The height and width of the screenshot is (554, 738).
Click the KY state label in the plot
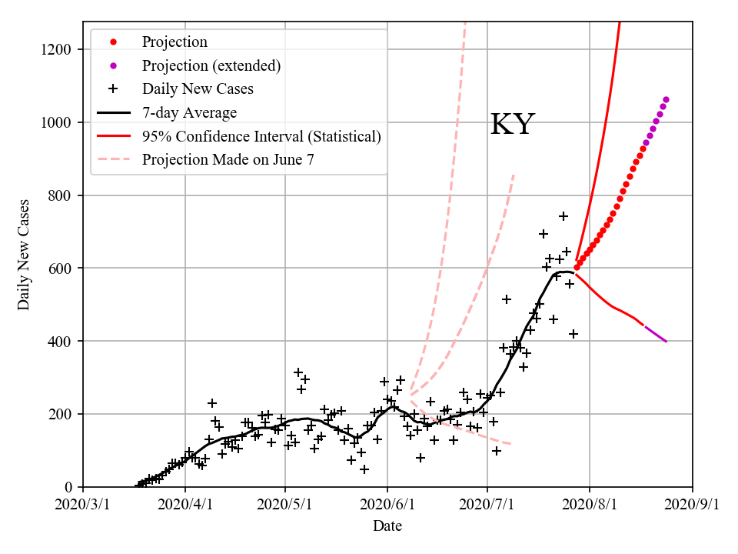coord(512,124)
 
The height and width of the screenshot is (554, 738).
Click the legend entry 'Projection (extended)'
coord(211,65)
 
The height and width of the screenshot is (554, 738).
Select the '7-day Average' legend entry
coord(189,113)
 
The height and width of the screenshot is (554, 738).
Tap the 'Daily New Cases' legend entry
coord(198,89)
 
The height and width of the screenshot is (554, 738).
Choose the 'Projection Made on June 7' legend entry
coord(228,160)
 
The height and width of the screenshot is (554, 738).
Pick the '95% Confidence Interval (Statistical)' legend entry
coord(261,137)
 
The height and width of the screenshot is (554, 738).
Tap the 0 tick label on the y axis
coord(71,487)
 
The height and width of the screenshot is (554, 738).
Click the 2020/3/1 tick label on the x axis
coord(83,505)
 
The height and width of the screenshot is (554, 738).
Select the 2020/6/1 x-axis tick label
coord(387,505)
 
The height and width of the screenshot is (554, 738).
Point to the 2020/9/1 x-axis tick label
coord(693,505)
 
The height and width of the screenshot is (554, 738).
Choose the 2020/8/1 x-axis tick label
coord(590,505)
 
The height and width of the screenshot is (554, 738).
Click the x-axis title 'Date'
coord(387,526)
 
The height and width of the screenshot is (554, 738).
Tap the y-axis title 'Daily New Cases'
coord(24,255)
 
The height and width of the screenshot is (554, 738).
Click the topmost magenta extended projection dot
coord(666,99)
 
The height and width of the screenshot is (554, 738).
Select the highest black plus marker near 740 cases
coord(563,216)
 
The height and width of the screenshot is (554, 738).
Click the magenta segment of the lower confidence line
coord(655,334)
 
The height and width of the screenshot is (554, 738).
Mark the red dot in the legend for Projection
coord(113,42)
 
